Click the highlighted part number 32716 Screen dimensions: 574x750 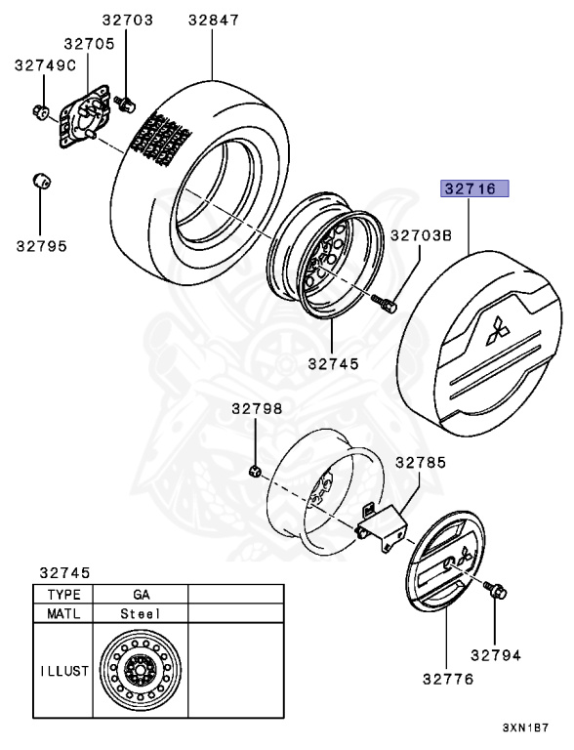pyautogui.click(x=474, y=188)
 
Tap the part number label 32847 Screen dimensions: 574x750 pyautogui.click(x=214, y=21)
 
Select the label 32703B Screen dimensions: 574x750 pyautogui.click(x=422, y=235)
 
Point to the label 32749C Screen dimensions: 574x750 pyautogui.click(x=46, y=65)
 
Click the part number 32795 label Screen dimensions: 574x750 pyautogui.click(x=42, y=246)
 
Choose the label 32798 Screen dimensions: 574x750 pyautogui.click(x=258, y=409)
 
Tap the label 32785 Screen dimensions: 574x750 pyautogui.click(x=421, y=463)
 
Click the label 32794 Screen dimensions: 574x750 pyautogui.click(x=496, y=655)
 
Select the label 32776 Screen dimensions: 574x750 pyautogui.click(x=448, y=679)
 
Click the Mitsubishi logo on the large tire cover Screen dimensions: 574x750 pyautogui.click(x=498, y=330)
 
